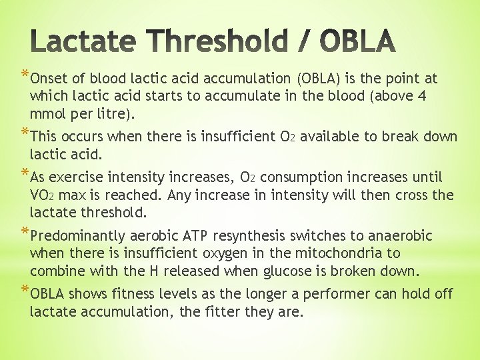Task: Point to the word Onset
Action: [x=49, y=79]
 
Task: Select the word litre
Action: [x=115, y=113]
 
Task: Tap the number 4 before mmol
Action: [x=422, y=96]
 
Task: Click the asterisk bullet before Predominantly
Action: [x=25, y=234]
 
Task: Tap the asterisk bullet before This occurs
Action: [x=25, y=135]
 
